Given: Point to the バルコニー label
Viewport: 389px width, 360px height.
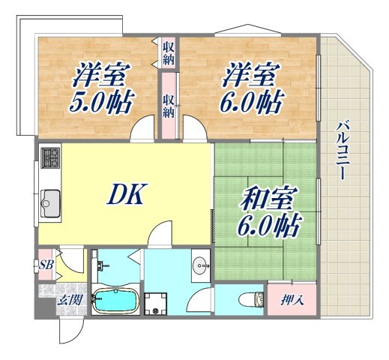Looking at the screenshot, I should coord(344,151).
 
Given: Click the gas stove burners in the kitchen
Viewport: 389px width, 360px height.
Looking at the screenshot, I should coord(50,157).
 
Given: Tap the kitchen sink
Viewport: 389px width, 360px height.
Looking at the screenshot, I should coord(50,200).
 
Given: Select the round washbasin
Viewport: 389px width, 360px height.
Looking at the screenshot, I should coord(200,264).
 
